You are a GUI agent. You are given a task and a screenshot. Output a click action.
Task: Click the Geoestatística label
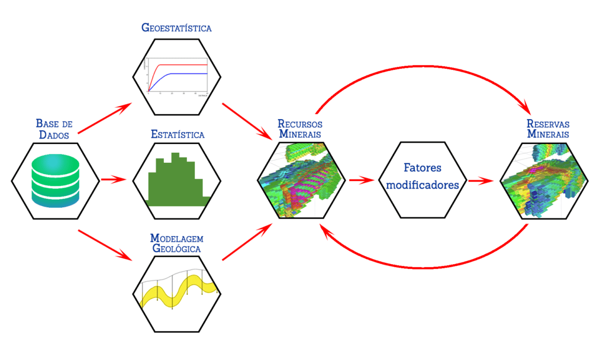tap(176, 27)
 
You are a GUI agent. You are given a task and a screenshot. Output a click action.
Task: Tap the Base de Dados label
tap(54, 129)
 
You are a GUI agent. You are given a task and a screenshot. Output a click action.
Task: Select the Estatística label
tap(178, 134)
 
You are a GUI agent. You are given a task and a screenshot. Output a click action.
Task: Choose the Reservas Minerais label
tap(548, 128)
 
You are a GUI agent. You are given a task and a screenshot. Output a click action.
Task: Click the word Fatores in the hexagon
tap(423, 168)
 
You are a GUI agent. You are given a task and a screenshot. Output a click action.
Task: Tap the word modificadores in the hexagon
tap(423, 184)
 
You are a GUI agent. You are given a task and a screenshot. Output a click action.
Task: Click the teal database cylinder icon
tap(54, 180)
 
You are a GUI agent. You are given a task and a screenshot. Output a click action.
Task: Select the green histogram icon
tap(176, 181)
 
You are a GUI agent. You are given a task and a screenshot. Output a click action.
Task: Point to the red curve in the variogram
tap(178, 64)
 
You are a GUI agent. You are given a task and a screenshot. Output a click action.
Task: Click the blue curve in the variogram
tap(183, 73)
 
